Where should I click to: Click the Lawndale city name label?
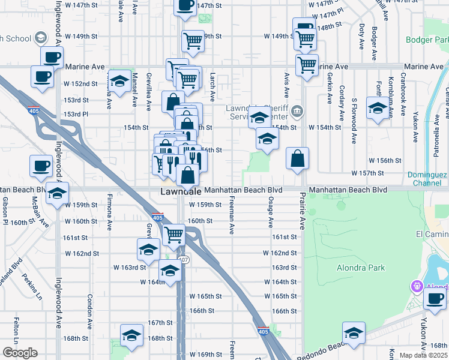(x=181, y=191)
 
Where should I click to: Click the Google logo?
(x=19, y=353)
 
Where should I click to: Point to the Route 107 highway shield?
(x=184, y=259)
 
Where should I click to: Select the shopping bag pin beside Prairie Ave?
(x=297, y=159)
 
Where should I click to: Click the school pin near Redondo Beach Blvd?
(x=354, y=332)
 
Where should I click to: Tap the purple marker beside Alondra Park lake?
(x=415, y=286)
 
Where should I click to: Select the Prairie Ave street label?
(x=303, y=211)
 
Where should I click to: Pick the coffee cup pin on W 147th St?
(x=185, y=5)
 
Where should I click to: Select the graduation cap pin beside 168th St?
(x=131, y=336)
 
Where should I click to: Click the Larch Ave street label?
(x=212, y=88)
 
